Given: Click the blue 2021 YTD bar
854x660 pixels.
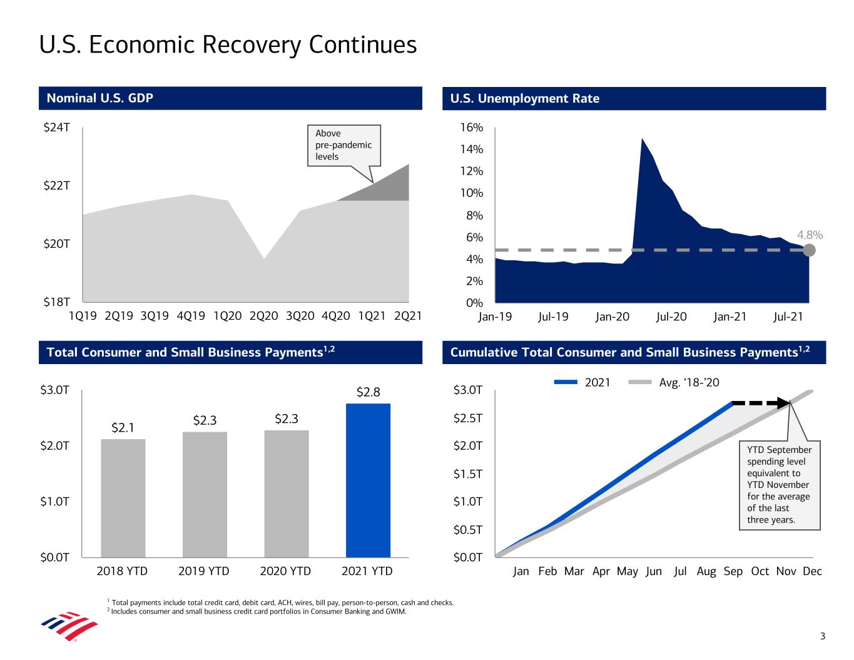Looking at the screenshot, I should click(368, 480).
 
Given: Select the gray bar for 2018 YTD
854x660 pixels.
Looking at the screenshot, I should click(123, 497).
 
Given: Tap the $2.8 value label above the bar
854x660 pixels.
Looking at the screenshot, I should click(368, 392).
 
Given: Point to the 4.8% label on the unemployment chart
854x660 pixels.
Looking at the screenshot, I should click(810, 235).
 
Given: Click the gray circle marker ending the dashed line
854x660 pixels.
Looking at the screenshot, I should click(809, 250).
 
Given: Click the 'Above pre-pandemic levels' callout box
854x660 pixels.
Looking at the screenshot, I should click(343, 145).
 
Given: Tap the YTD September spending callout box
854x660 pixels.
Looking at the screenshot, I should click(779, 485).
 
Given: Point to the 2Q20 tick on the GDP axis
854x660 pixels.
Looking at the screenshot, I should click(263, 317).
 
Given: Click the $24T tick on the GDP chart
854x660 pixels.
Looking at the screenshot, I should click(56, 128).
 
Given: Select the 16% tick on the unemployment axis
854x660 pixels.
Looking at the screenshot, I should click(472, 128).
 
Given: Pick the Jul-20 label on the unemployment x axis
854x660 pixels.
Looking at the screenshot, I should click(671, 317).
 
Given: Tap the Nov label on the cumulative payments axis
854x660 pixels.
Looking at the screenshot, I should click(786, 571).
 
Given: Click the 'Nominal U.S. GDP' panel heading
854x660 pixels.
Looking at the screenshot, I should click(100, 98).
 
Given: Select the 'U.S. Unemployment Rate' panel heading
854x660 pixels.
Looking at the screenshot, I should click(524, 98).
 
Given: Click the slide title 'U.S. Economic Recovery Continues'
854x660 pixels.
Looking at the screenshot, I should click(228, 45).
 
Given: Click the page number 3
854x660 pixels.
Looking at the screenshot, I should click(823, 637).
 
